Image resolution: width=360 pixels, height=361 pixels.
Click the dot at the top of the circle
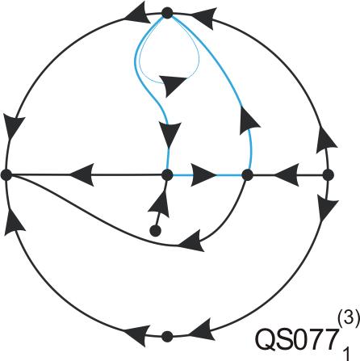pos(167,13)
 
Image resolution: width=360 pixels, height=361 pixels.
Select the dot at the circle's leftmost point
pos(6,175)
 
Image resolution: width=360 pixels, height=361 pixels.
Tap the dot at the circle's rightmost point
pos(328,175)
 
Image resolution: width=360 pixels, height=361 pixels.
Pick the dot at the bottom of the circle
pos(167,337)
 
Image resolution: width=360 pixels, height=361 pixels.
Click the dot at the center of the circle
pos(167,175)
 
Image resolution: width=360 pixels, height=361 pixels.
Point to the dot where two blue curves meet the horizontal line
pos(248,175)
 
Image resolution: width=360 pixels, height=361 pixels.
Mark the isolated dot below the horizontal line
pos(155,231)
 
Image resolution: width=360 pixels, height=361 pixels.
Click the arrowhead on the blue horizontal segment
pos(203,175)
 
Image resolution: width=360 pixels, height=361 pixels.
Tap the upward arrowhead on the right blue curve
pos(249,121)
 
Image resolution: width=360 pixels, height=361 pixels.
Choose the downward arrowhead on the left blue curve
pos(170,135)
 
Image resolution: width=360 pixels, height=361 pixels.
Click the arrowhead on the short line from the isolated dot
pos(160,204)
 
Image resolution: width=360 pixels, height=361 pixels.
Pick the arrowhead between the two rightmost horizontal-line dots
pos(287,174)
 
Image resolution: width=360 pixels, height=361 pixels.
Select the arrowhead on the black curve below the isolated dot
pos(190,241)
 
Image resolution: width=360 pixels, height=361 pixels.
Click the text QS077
pos(296,339)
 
